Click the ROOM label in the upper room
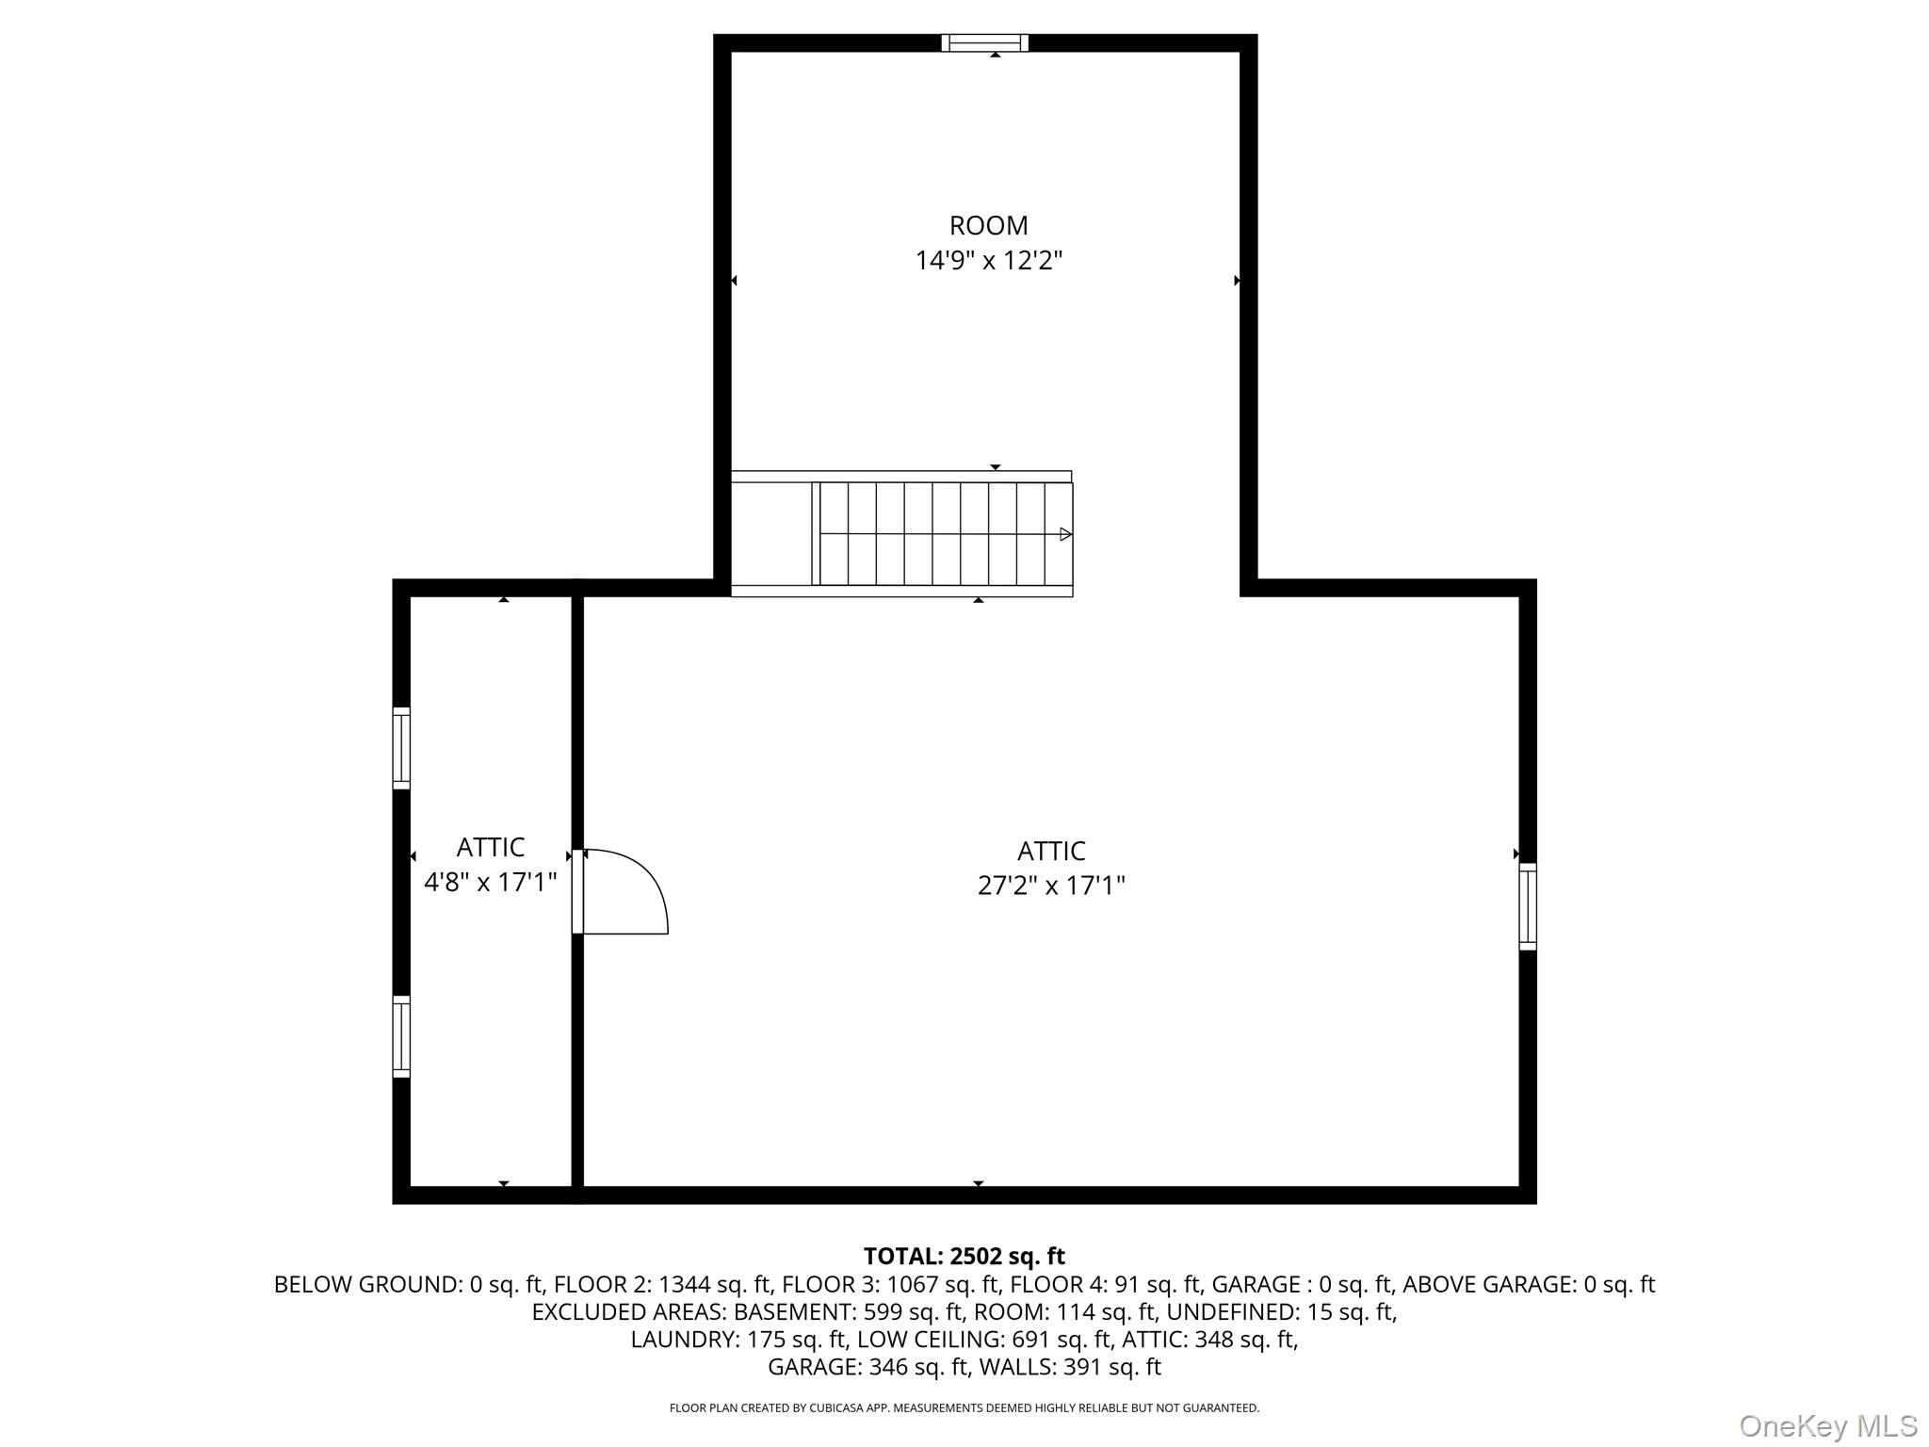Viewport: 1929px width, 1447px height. [x=988, y=226]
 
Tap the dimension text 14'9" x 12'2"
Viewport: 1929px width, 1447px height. [x=988, y=260]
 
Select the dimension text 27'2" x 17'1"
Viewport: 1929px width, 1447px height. [x=1051, y=886]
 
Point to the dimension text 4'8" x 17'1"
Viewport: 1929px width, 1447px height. [x=490, y=882]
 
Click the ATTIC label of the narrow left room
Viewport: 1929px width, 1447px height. [x=490, y=848]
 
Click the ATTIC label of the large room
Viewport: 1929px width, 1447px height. [x=1051, y=852]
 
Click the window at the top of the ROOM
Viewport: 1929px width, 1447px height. [x=984, y=42]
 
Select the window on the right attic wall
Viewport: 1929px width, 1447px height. [x=1527, y=906]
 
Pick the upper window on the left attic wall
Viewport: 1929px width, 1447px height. [x=401, y=748]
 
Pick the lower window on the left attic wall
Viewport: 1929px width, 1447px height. [x=401, y=1036]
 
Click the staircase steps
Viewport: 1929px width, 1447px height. [x=942, y=533]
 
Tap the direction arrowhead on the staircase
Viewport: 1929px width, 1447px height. [x=1065, y=534]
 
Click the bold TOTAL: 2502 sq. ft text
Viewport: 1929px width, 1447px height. [x=964, y=1256]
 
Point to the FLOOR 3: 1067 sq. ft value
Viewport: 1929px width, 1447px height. [x=892, y=1284]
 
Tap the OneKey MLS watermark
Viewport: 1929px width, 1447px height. [x=1828, y=1426]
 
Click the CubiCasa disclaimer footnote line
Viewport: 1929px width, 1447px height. [x=964, y=1408]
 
